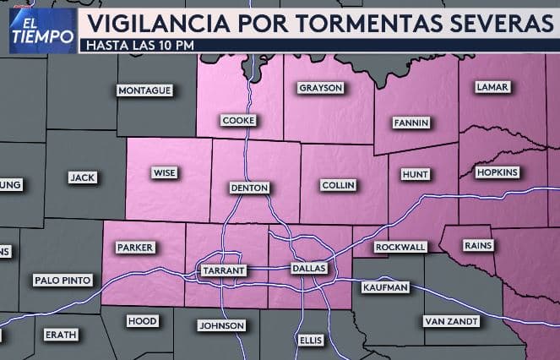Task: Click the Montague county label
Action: coord(144,90)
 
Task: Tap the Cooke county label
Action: coord(237,121)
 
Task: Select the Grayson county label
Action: coord(320,88)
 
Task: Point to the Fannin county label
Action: coord(411,123)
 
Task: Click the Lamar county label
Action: coord(492,87)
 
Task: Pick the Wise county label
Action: coord(164,172)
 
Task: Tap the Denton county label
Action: coord(248,188)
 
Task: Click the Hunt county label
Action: coord(416,174)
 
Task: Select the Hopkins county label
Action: coord(497,172)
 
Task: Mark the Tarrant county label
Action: coord(223,270)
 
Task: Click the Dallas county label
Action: coord(308,268)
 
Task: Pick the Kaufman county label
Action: coord(385,287)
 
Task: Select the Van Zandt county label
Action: coord(451,321)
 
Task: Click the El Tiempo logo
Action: coord(41,30)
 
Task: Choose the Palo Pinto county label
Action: coord(63,280)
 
